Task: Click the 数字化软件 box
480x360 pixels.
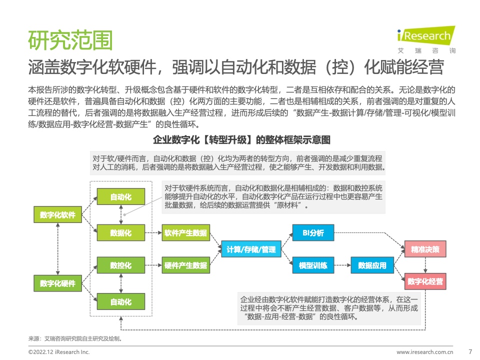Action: pyautogui.click(x=58, y=214)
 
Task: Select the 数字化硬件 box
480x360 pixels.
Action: pyautogui.click(x=58, y=283)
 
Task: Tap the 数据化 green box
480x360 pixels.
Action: pyautogui.click(x=121, y=232)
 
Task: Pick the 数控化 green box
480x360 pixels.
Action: pyautogui.click(x=121, y=265)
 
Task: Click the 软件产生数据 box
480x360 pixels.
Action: pyautogui.click(x=186, y=232)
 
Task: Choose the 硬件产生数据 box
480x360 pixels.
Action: pyautogui.click(x=186, y=265)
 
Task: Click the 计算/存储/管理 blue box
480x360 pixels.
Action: pyautogui.click(x=251, y=249)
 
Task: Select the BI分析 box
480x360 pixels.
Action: pyautogui.click(x=313, y=232)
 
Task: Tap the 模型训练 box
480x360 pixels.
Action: pyautogui.click(x=313, y=265)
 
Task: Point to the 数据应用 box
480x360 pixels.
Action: pyautogui.click(x=372, y=265)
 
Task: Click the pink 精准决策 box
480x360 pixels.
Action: pyautogui.click(x=425, y=249)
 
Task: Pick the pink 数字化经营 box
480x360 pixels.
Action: pyautogui.click(x=425, y=281)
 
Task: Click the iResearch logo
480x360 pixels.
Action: pyautogui.click(x=426, y=39)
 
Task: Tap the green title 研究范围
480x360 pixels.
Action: pyautogui.click(x=70, y=40)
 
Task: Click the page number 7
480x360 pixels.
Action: pyautogui.click(x=470, y=351)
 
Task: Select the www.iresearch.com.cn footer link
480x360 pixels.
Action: pyautogui.click(x=425, y=352)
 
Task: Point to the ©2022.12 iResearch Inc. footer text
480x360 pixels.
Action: pyautogui.click(x=59, y=352)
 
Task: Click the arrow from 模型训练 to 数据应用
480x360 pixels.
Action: pyautogui.click(x=342, y=265)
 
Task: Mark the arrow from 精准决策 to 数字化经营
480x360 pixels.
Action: pyautogui.click(x=425, y=265)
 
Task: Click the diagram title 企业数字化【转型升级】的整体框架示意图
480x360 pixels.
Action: pyautogui.click(x=241, y=140)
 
